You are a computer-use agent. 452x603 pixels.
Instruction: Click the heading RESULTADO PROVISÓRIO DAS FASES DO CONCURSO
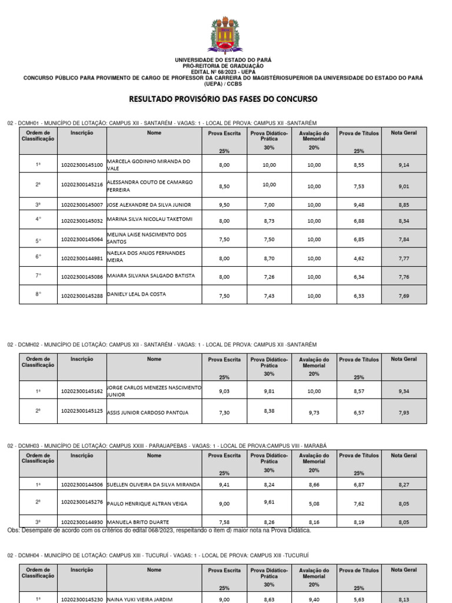click(x=223, y=98)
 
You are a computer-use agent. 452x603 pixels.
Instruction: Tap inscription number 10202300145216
click(x=82, y=186)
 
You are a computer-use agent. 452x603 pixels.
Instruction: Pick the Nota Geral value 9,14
click(x=403, y=165)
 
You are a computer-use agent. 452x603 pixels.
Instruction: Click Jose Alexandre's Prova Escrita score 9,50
click(x=224, y=205)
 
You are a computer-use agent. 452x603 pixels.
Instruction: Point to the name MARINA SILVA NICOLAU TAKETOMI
click(x=150, y=219)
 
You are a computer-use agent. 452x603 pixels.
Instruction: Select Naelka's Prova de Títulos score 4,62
click(x=359, y=258)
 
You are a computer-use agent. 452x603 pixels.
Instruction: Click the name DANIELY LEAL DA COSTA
click(x=137, y=294)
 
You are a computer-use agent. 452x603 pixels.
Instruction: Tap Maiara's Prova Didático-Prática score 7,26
click(x=269, y=276)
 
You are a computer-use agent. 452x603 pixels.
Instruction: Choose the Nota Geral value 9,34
click(x=403, y=391)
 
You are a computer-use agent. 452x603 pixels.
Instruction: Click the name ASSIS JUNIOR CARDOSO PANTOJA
click(x=148, y=413)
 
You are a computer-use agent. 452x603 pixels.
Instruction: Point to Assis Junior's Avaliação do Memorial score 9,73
click(x=314, y=413)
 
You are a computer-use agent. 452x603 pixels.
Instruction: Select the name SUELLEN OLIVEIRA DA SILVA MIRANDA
click(x=154, y=485)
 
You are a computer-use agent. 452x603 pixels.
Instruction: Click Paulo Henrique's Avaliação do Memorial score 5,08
click(x=314, y=503)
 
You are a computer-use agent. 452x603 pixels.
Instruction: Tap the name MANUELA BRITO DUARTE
click(x=138, y=522)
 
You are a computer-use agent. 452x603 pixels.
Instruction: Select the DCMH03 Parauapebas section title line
click(x=167, y=446)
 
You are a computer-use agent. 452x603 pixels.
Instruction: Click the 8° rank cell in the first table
click(x=38, y=294)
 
